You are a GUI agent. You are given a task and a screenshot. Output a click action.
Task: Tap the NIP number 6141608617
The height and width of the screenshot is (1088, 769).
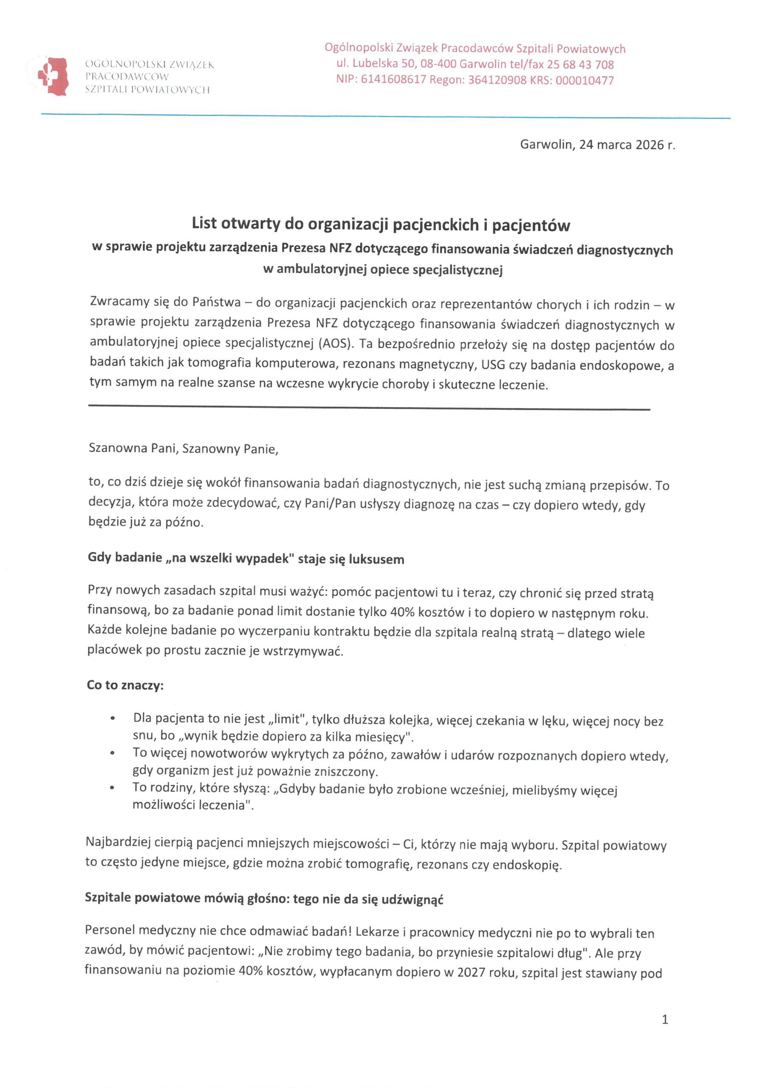pos(393,79)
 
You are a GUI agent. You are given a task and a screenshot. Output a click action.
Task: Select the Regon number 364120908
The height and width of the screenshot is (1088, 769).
pos(497,80)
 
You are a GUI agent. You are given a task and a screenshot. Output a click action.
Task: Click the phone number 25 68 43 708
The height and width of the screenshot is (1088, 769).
pos(580,65)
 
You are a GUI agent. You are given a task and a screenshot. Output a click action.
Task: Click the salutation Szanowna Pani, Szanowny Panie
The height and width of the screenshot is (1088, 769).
pos(184,449)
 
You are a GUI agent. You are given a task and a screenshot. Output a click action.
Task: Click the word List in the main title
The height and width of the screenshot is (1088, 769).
pos(204,224)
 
